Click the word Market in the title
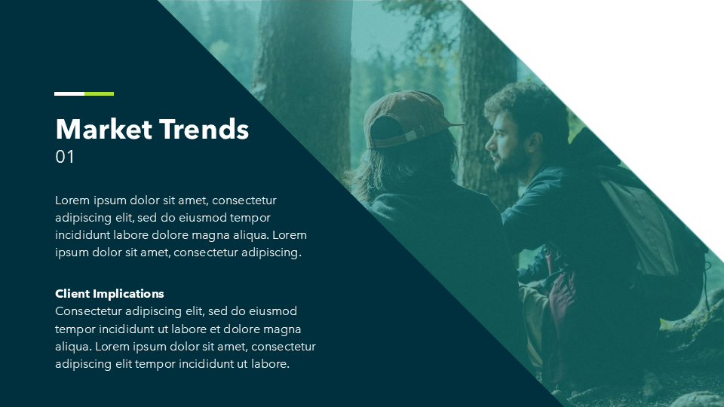(x=104, y=129)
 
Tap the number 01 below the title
(x=65, y=157)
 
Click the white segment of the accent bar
(x=69, y=93)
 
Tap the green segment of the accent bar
(x=100, y=93)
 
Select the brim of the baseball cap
(x=455, y=124)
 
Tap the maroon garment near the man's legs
(x=561, y=291)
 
